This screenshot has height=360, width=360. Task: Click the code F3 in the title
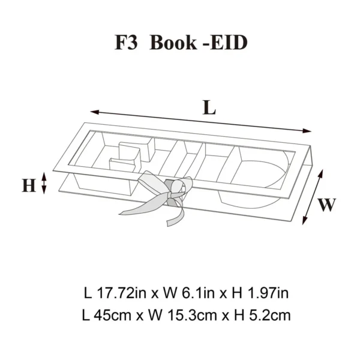tap(126, 43)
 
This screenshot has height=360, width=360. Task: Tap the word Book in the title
tap(173, 43)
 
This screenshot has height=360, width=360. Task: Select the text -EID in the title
tap(226, 43)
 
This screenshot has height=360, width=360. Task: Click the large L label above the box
tap(209, 107)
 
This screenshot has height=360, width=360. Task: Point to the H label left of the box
tap(29, 185)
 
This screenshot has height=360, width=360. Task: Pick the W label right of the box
tap(327, 205)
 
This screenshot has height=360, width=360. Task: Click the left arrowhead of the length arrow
tap(94, 112)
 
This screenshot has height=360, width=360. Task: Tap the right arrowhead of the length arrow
tap(307, 131)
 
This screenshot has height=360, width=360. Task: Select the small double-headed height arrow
tap(44, 184)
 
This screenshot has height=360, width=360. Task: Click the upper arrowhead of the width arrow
tap(321, 173)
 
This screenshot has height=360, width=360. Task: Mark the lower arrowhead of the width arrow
tap(305, 220)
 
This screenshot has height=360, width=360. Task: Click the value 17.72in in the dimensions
tap(121, 293)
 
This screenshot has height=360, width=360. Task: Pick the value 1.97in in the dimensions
tap(268, 293)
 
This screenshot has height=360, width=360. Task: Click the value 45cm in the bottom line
tap(112, 315)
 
